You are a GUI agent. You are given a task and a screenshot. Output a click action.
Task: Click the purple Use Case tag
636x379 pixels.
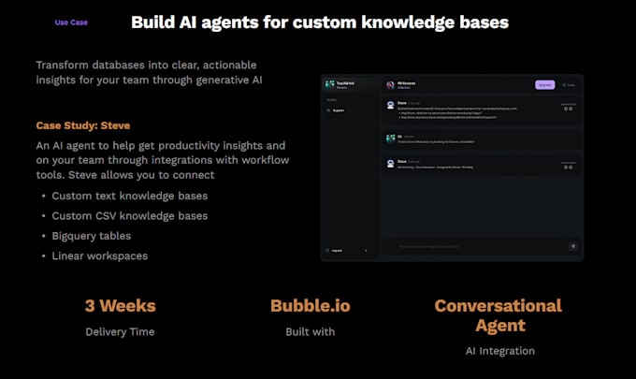tap(72, 22)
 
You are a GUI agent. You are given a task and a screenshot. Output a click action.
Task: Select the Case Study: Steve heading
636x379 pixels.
tap(81, 125)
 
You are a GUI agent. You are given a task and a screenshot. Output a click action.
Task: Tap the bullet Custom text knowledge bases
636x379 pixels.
tap(129, 196)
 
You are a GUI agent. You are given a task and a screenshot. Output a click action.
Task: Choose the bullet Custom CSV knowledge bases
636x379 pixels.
tap(129, 215)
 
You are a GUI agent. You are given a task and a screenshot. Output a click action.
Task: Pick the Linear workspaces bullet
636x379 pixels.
tap(99, 255)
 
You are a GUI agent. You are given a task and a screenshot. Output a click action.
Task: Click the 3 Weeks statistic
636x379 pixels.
tap(120, 306)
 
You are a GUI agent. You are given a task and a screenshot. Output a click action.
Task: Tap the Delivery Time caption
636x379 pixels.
tap(120, 331)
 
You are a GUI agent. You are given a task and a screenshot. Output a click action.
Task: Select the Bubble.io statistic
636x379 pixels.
tap(311, 306)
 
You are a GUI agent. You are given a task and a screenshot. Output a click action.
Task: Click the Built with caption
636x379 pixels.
tap(311, 331)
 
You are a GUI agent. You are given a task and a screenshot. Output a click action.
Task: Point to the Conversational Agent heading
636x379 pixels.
tap(499, 315)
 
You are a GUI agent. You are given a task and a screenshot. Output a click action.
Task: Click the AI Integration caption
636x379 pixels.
tap(499, 351)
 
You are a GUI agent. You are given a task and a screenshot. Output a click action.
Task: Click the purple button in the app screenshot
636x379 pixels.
tap(544, 85)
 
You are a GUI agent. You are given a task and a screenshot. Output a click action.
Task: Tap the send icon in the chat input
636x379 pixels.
tap(573, 246)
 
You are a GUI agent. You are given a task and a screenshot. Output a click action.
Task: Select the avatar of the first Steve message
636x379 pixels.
tap(390, 105)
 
